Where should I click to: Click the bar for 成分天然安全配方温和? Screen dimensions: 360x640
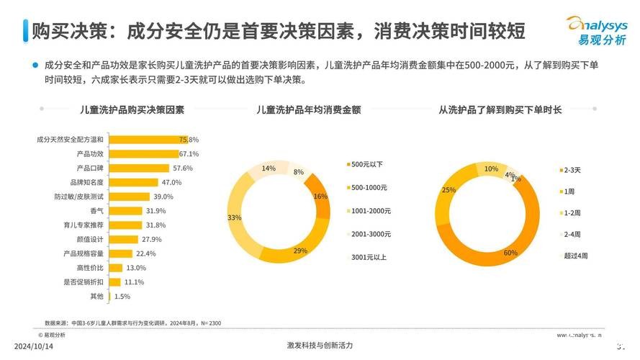[144, 139]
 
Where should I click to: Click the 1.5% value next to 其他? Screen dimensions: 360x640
[122, 296]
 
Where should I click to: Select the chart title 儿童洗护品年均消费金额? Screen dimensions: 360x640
[308, 110]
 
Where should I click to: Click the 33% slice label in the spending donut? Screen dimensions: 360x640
[234, 217]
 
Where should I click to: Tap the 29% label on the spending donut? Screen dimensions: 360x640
[300, 251]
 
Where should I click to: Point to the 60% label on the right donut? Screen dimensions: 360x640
[510, 253]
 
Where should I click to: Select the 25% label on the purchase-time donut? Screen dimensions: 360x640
[449, 190]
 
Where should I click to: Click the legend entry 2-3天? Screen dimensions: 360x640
[573, 170]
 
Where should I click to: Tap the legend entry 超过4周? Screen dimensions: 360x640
[576, 256]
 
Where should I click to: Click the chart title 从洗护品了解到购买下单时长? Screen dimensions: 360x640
[500, 110]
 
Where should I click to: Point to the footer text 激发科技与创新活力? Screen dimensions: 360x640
[320, 346]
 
